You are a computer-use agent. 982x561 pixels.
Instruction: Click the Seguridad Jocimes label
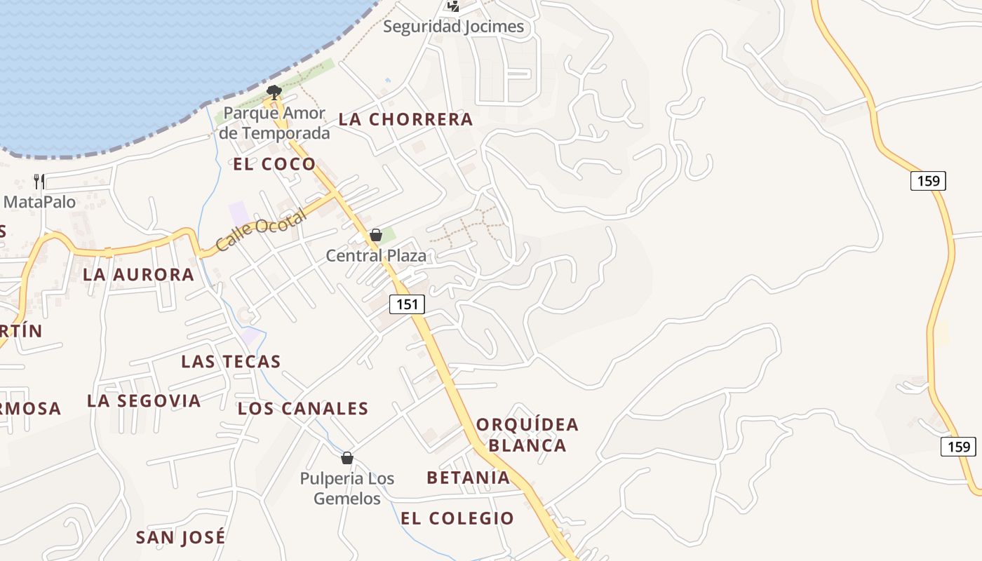(453, 27)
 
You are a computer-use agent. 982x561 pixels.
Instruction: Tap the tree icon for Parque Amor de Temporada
(274, 91)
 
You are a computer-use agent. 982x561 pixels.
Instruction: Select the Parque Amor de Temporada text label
(274, 123)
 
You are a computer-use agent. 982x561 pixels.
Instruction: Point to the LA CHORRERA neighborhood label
(405, 119)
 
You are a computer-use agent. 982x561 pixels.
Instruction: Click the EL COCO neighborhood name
(274, 165)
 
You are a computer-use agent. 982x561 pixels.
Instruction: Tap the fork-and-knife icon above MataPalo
(39, 182)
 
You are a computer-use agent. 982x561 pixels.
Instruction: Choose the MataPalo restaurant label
(39, 202)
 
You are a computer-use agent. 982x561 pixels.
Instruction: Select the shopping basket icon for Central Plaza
(376, 235)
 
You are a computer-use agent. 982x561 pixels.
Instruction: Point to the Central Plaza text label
(376, 256)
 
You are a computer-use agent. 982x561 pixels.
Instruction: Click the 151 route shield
(407, 304)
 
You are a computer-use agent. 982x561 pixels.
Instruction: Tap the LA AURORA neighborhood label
(138, 275)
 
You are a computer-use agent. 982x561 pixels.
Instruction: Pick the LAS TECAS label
(231, 362)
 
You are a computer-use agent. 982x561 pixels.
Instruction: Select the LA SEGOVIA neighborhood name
(144, 401)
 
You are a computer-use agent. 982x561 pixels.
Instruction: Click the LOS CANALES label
(303, 409)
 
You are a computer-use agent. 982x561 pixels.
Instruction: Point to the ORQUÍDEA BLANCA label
(527, 435)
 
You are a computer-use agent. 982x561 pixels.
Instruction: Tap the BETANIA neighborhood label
(468, 478)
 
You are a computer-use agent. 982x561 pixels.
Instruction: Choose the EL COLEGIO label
(457, 519)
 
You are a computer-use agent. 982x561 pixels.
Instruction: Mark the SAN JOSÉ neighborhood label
(180, 538)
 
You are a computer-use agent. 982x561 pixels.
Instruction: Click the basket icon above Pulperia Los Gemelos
(347, 459)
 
